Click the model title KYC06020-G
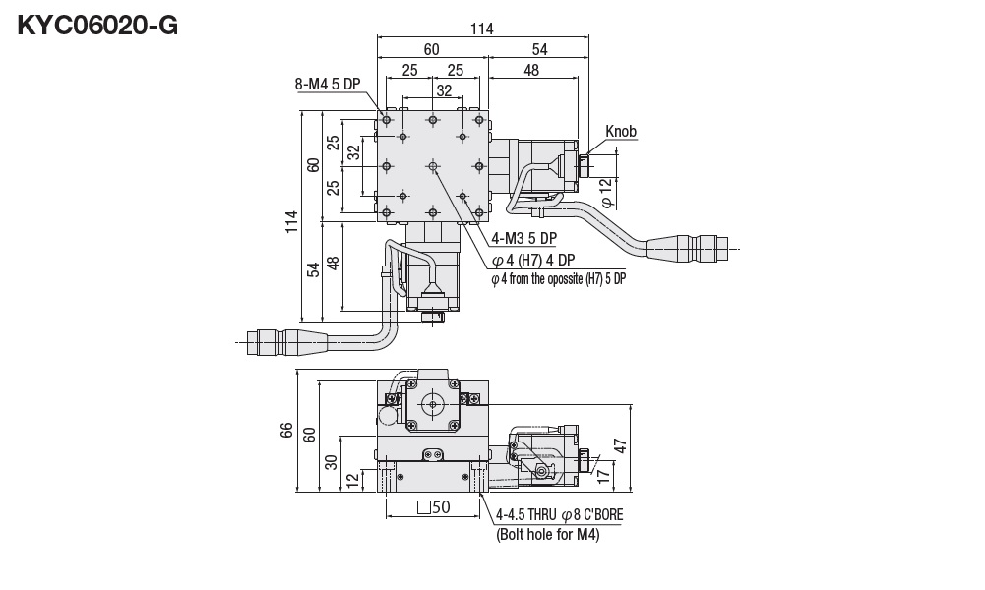97,26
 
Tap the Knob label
621,131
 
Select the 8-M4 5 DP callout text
328,84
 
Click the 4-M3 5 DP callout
523,237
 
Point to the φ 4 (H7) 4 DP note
532,260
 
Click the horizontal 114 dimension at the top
481,29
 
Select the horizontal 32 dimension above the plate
444,90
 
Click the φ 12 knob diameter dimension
606,191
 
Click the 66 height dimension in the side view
286,431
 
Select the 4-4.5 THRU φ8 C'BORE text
559,514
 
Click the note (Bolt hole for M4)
547,535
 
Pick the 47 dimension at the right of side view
619,444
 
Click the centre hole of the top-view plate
433,166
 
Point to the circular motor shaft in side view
432,403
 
